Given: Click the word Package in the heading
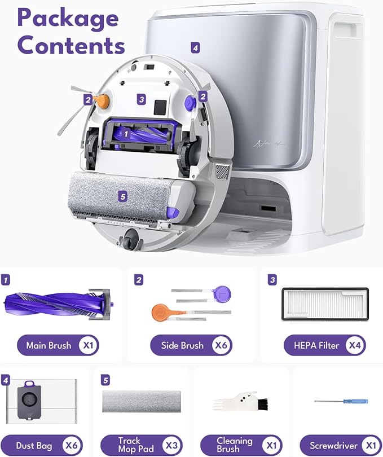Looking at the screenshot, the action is (68, 19).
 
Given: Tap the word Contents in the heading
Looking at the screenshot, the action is (71, 45).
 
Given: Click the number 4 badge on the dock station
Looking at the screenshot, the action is (195, 47).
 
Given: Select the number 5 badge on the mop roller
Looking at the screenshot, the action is (123, 197).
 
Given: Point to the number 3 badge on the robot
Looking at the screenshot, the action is (142, 99).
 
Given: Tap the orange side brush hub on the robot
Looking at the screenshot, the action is (103, 100).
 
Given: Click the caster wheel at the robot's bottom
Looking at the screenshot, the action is (131, 239).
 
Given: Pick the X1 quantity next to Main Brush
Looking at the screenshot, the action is (88, 345).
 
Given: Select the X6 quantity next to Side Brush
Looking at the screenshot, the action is (221, 345).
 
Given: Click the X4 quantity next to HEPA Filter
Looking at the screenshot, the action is (355, 345).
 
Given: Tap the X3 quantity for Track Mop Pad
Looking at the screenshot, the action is (172, 445).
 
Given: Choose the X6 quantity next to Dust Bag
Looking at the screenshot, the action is (72, 445).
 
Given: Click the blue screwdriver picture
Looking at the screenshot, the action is (341, 401).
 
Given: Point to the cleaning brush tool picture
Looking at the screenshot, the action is (241, 401).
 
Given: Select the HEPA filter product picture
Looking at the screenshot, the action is (325, 304).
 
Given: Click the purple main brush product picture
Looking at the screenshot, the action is (58, 305).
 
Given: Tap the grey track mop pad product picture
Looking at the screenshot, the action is (142, 401).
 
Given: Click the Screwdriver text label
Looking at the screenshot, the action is (333, 446).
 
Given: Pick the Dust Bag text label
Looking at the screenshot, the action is (34, 446).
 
